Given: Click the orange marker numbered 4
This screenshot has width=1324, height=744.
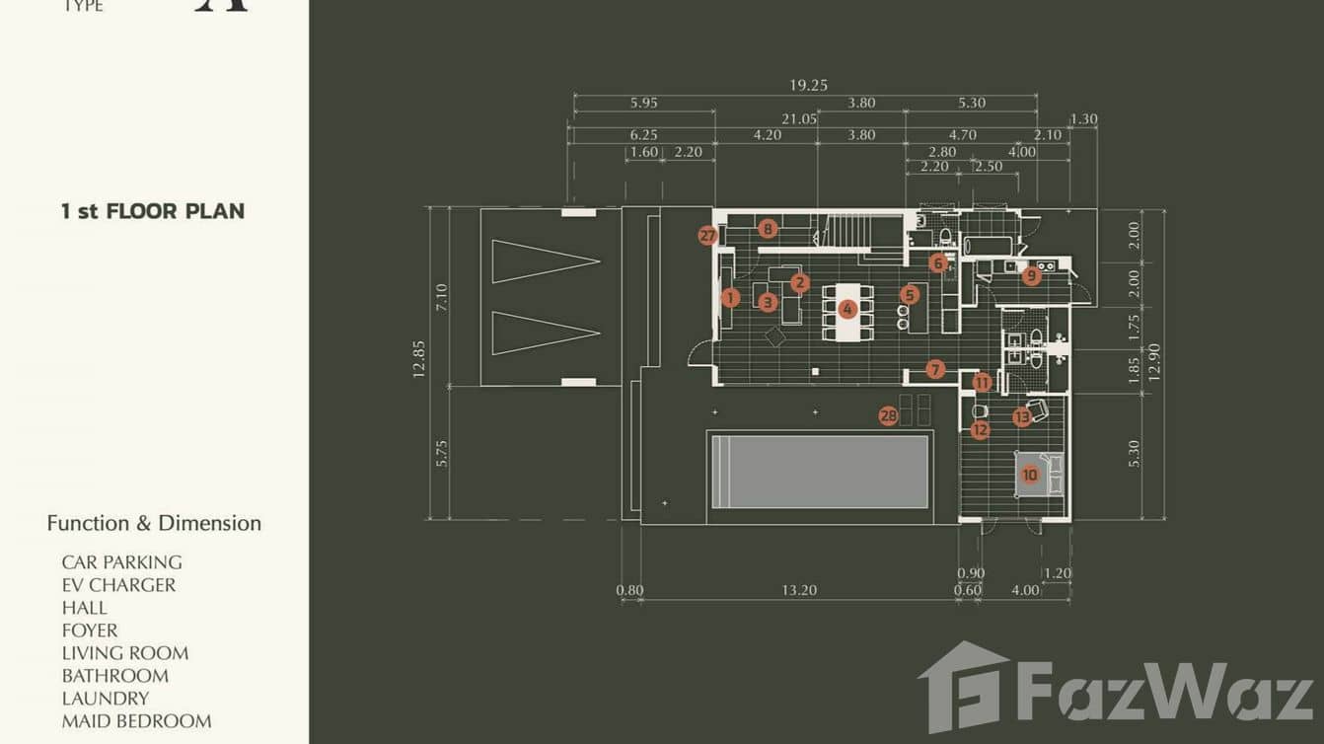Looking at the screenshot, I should click(x=846, y=309).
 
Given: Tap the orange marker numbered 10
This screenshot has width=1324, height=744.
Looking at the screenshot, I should click(x=1030, y=475).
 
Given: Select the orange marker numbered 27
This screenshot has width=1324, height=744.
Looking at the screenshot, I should click(x=707, y=236).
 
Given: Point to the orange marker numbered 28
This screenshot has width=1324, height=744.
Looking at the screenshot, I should click(x=888, y=416).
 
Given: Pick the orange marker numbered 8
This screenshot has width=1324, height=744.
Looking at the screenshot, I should click(x=768, y=229).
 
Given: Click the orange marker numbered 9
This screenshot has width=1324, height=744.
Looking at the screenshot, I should click(x=1031, y=275).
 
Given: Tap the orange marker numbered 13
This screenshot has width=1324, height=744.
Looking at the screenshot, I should click(x=1022, y=417).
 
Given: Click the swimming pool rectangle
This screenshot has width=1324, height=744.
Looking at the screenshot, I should click(x=820, y=471).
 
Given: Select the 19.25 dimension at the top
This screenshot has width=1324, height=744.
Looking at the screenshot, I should click(x=807, y=86).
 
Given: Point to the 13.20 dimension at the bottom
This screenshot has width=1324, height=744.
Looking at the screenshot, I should click(x=800, y=591).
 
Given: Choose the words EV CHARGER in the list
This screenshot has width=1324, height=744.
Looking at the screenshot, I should click(x=118, y=585).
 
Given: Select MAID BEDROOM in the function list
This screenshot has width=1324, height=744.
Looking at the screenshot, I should click(x=136, y=721).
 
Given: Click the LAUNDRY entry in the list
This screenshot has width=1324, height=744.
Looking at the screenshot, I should click(x=106, y=699).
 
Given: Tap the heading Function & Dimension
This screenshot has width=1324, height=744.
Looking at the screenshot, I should click(x=154, y=524).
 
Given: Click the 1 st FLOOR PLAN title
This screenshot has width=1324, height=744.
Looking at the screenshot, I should click(x=153, y=211).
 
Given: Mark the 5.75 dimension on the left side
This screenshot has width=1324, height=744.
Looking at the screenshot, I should click(x=441, y=452).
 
